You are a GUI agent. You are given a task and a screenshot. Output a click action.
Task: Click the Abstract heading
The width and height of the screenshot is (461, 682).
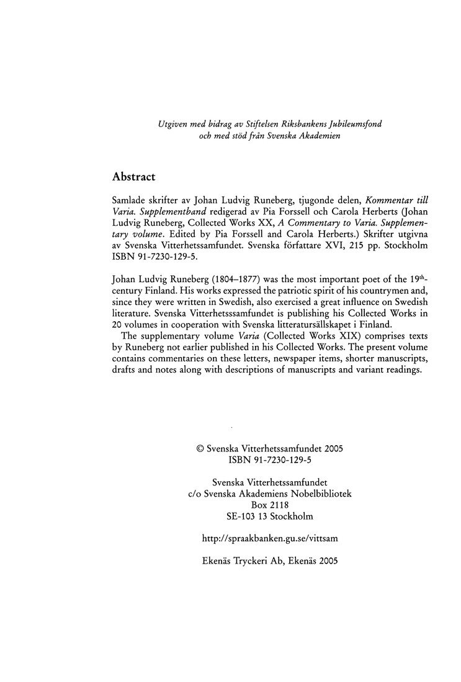pos(133,176)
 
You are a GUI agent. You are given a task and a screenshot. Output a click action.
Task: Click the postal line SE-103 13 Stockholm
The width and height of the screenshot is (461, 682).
pos(270,516)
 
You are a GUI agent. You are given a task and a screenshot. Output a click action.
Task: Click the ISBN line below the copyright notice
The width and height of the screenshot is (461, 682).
pos(269,459)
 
